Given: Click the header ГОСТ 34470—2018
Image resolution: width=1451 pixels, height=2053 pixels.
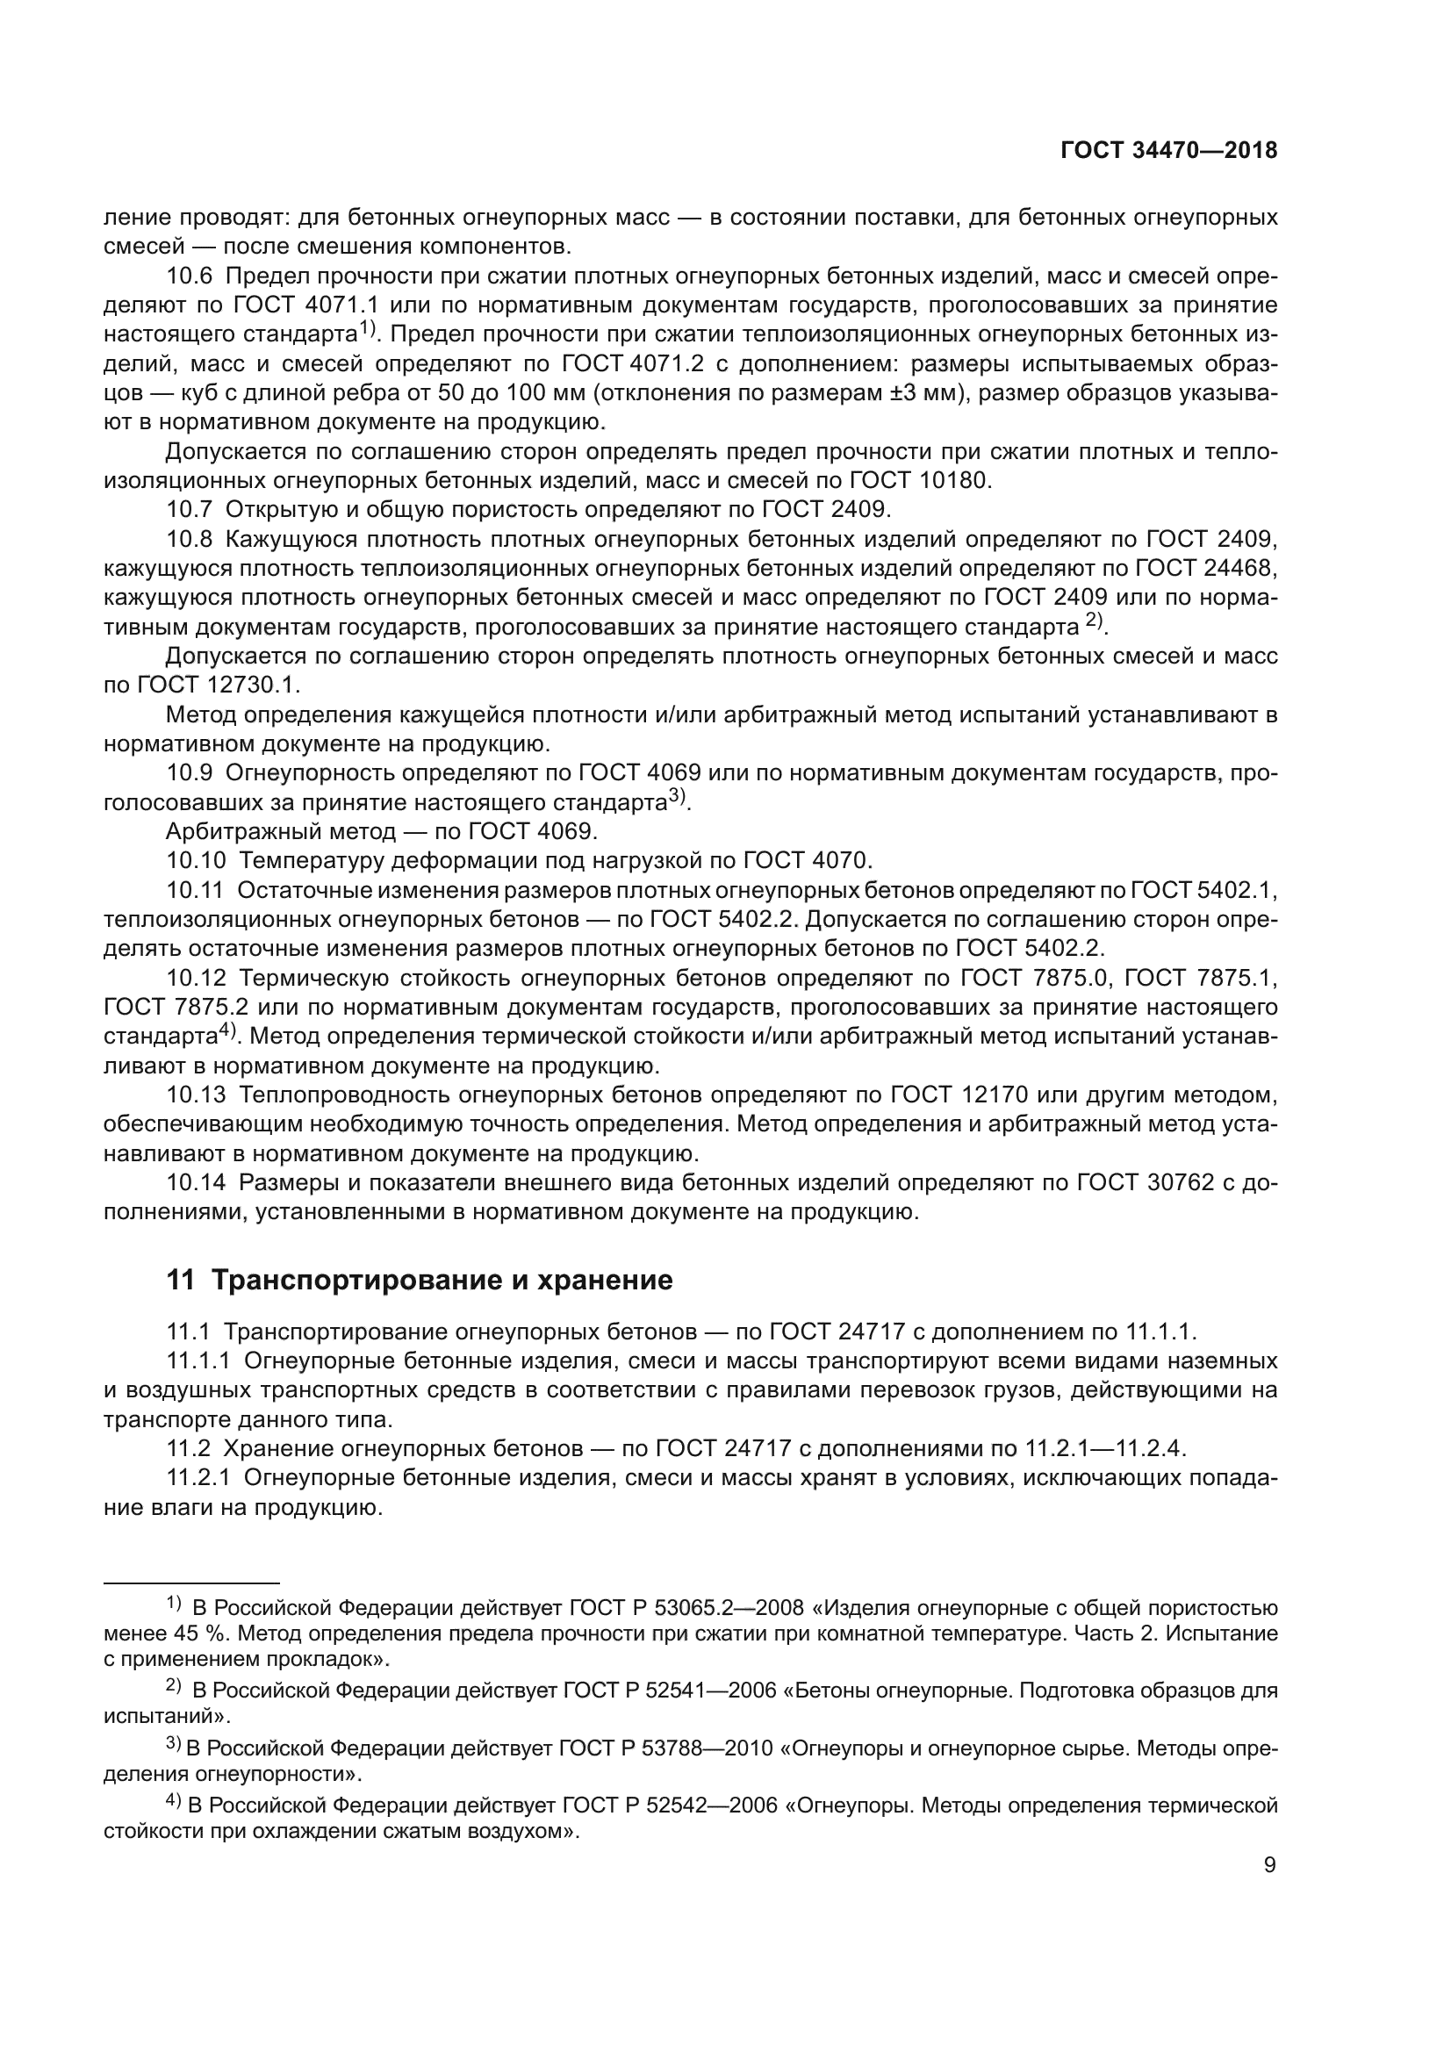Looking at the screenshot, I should [x=1168, y=151].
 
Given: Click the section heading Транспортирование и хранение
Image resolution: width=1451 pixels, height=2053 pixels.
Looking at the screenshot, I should [x=420, y=1281].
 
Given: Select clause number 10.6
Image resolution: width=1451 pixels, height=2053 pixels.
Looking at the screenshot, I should [x=190, y=276].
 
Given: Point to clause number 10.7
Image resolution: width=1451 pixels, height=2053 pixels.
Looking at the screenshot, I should [x=190, y=510].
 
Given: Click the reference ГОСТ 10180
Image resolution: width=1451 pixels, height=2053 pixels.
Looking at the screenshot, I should [x=904, y=480].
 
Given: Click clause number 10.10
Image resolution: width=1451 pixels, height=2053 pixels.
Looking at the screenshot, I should [x=196, y=861].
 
